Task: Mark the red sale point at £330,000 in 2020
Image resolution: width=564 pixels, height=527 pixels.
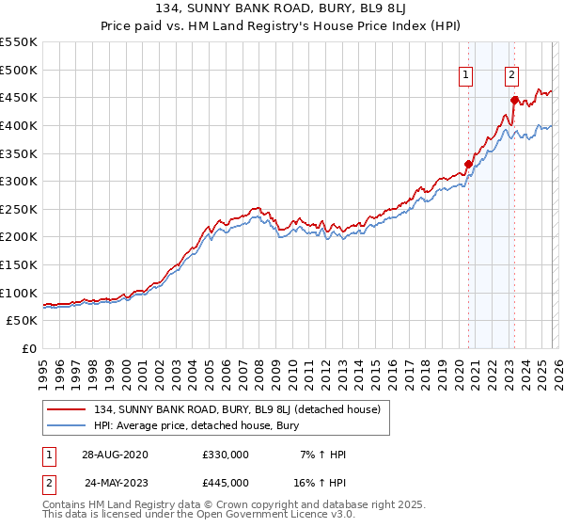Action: (468, 165)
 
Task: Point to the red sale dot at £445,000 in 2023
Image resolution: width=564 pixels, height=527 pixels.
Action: (514, 101)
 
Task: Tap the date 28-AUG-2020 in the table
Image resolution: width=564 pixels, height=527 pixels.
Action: (115, 455)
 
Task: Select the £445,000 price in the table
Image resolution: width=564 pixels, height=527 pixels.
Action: (225, 482)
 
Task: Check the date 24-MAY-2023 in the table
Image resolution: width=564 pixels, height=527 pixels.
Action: (115, 482)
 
